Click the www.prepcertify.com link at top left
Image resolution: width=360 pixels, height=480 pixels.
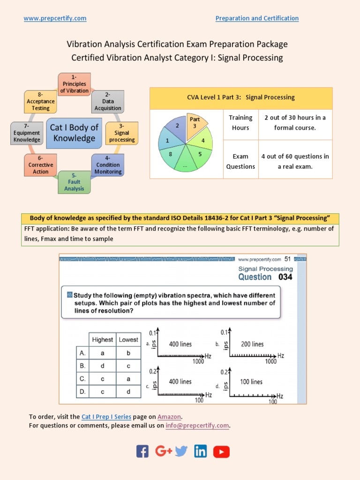pos(55,18)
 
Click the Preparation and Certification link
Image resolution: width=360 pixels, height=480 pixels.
pos(257,18)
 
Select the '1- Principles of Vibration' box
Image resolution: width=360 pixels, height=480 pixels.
pos(74,84)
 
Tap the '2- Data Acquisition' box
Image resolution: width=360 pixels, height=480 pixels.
pos(108,101)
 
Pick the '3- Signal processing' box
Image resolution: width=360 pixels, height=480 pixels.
pos(121,133)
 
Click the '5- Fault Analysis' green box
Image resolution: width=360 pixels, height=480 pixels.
pos(74,182)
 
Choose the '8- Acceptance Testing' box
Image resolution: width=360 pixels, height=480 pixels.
pos(41,101)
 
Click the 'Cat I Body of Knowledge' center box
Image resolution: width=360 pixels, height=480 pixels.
pos(74,133)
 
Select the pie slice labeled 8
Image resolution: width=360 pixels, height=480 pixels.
pos(170,154)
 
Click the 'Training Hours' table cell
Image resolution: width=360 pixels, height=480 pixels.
pos(240,123)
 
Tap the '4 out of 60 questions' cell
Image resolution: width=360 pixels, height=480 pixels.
pos(295,161)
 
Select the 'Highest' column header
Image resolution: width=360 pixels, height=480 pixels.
pos(103,340)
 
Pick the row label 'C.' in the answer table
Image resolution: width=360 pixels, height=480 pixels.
pos(82,379)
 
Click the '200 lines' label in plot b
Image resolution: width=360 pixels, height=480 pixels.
pos(252,344)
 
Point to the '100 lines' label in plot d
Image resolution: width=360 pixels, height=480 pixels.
pos(251,382)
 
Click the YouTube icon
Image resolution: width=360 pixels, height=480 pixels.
pos(221,451)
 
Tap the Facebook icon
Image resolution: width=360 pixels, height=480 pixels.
pos(142,451)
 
